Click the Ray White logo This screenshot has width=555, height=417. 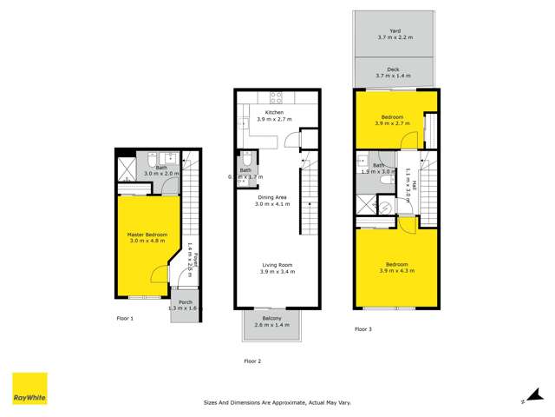(x=29, y=388)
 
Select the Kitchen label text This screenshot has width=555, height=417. (x=274, y=113)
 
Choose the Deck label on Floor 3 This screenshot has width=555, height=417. (x=395, y=73)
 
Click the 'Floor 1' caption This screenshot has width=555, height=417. (x=125, y=319)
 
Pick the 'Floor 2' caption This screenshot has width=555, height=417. (x=252, y=361)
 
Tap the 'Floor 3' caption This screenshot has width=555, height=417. (x=364, y=329)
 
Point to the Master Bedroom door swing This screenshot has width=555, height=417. (x=157, y=275)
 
